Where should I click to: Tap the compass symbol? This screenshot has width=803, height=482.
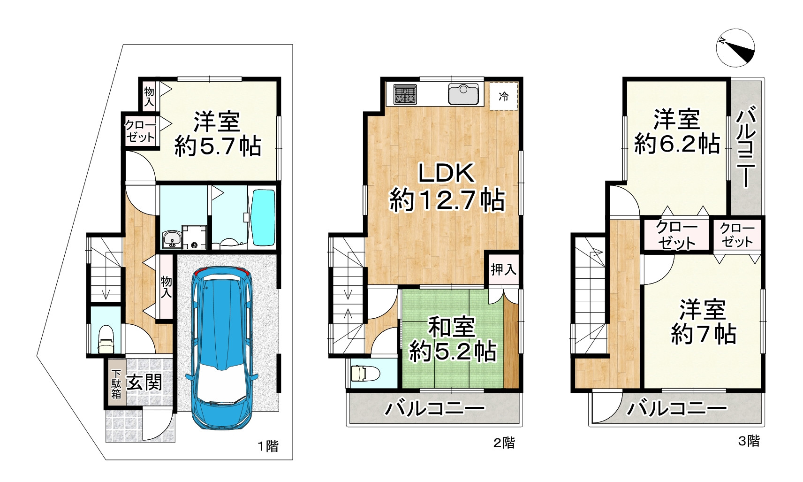pyautogui.click(x=735, y=49)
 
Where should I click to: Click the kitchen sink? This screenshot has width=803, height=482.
pyautogui.click(x=463, y=94)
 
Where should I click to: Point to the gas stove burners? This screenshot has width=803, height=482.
pyautogui.click(x=405, y=93)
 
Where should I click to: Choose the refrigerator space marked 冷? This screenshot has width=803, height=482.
pyautogui.click(x=504, y=97)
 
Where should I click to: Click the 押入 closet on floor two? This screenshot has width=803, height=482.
pyautogui.click(x=504, y=269)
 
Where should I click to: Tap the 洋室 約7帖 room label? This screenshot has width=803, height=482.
pyautogui.click(x=703, y=322)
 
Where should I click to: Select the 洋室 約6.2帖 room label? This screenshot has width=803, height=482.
pyautogui.click(x=677, y=132)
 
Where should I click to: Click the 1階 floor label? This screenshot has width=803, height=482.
pyautogui.click(x=268, y=445)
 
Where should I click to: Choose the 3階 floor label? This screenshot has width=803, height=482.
pyautogui.click(x=749, y=441)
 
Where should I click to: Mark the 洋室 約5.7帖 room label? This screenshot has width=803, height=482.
pyautogui.click(x=218, y=134)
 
